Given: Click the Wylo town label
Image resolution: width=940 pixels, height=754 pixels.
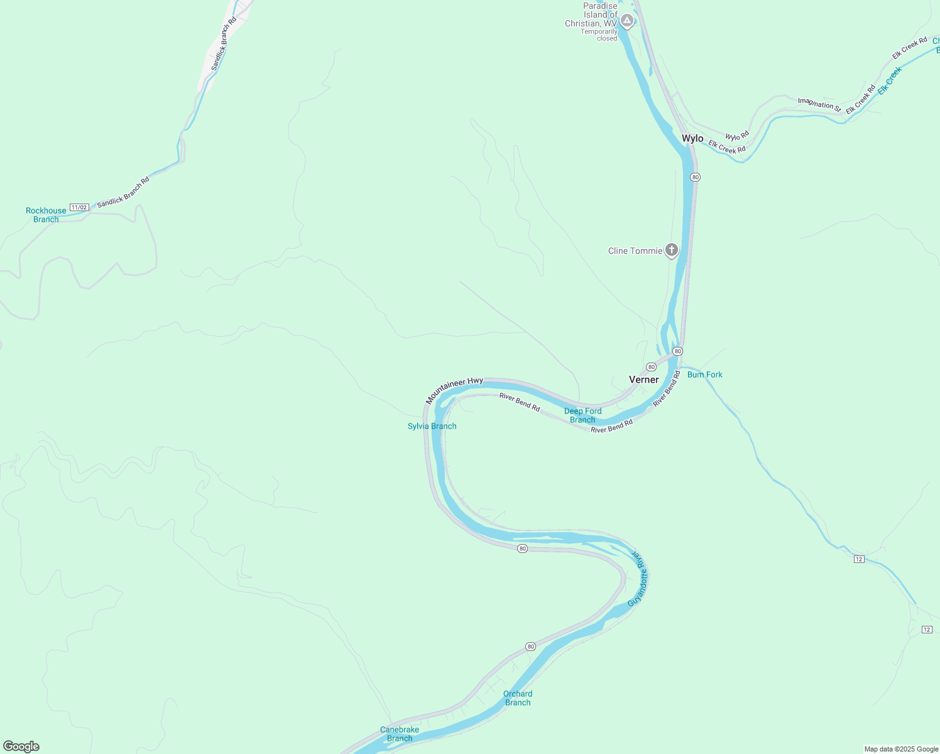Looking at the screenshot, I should [692, 139].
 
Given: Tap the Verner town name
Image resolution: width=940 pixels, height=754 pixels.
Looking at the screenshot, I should [644, 380].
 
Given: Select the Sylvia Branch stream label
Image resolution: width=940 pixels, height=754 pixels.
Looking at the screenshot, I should [432, 426].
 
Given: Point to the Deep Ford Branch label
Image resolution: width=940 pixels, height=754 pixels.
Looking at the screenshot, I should [582, 415].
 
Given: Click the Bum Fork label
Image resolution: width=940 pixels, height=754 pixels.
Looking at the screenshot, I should [704, 374].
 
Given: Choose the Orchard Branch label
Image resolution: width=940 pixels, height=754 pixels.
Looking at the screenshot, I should [518, 698].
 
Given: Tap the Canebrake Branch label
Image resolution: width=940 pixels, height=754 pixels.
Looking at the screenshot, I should [400, 734].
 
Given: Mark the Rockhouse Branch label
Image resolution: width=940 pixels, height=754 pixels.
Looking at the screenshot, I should [46, 215].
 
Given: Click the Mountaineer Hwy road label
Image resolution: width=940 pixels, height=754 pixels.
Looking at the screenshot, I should [454, 390].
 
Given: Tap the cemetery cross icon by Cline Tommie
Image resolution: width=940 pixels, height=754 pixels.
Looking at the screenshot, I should [672, 251].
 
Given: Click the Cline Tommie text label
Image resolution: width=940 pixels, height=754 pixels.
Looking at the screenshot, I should [635, 251].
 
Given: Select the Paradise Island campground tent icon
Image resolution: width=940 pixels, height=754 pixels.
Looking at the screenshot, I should [626, 21].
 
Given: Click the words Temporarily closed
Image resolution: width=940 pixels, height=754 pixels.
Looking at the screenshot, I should [599, 35].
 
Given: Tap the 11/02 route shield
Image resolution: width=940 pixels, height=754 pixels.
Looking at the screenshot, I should [79, 207].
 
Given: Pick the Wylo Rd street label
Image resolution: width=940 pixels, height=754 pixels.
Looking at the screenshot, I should [737, 136].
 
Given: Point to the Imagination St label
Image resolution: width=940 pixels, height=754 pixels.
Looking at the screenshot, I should [819, 104].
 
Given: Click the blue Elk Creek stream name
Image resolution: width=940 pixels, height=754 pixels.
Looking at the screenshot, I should [890, 80].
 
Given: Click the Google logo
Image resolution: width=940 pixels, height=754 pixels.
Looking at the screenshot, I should [21, 746].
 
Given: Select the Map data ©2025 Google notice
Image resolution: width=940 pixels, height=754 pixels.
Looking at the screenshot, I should [901, 749].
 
